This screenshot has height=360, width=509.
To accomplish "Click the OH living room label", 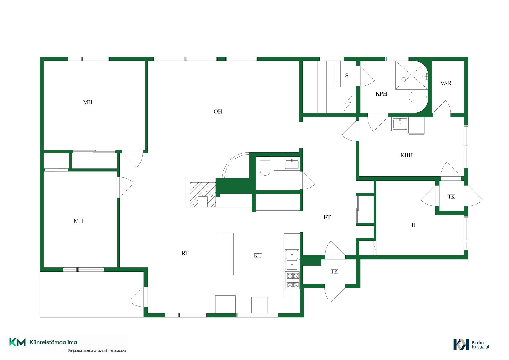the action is pos(218,111).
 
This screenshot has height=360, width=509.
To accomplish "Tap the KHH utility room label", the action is pos(406,155).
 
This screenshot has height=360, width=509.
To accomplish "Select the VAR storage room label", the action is pos(446,83).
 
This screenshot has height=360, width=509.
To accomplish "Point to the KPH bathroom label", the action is pos(381,94).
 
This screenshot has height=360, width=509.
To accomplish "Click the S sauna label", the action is pos(347,76).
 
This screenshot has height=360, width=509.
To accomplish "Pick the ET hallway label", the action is pos(327,218).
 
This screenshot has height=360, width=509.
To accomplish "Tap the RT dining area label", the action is pos(185,253).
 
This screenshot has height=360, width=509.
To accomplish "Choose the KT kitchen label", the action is pos(258,255).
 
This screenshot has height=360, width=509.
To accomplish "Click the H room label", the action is pos(414,225).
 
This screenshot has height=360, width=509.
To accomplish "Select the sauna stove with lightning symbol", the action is pos(349,103).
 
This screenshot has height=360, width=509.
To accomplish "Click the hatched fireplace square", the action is pos(203,195).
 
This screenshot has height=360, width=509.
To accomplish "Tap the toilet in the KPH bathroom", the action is pos(418,97).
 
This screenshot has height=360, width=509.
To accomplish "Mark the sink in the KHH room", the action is pos(400,124).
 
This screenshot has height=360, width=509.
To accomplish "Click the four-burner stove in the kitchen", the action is pos(293,280).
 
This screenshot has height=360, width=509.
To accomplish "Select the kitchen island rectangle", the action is pos(225,254).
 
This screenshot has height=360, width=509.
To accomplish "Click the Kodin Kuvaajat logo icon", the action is pos(461,345).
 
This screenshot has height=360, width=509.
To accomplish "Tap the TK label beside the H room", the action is pos(451,197).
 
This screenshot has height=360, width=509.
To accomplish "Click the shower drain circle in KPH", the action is pos(403,79).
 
